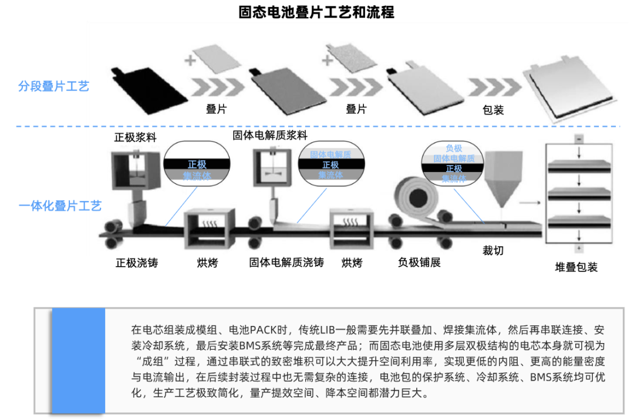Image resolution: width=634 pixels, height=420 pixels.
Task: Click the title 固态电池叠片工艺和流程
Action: point(316,12)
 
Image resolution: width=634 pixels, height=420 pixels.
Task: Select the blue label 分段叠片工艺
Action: point(53,86)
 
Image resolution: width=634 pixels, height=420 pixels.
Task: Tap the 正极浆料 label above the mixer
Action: point(136,137)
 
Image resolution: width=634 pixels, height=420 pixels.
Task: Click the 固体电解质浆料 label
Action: point(270,135)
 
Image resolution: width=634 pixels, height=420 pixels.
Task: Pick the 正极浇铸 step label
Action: point(137,263)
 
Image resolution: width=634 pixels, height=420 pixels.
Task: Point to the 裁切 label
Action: point(493,251)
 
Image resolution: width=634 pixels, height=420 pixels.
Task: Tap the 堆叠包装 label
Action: point(576,267)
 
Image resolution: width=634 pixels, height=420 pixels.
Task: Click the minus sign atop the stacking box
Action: point(579,139)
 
